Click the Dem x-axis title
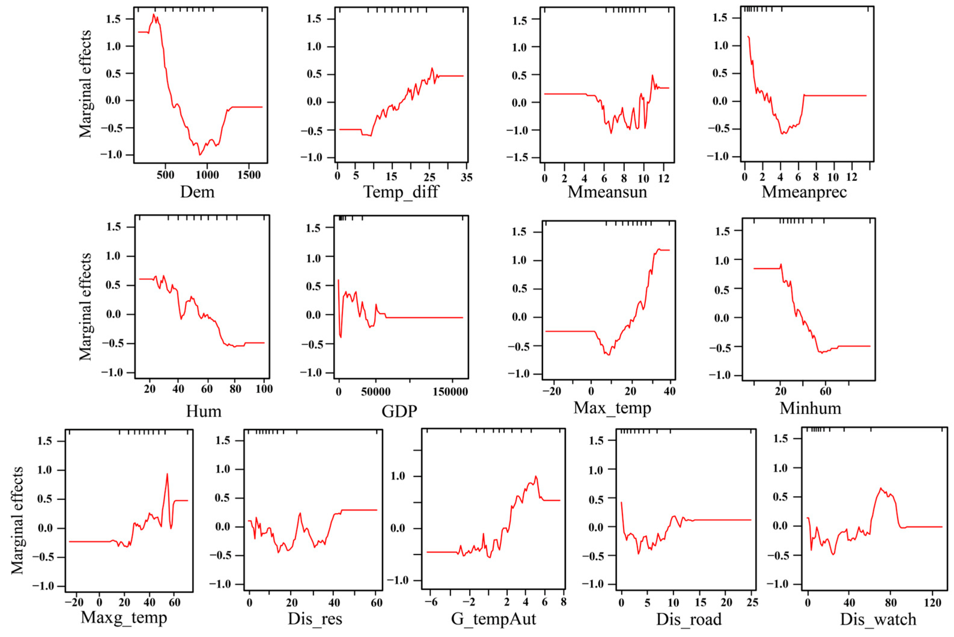[x=197, y=192]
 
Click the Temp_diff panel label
[x=400, y=192]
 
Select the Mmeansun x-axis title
[x=607, y=192]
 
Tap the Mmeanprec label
[x=804, y=192]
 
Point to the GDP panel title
[x=399, y=412]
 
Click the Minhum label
[x=810, y=408]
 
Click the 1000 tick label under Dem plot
[x=207, y=175]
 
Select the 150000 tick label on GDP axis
[x=450, y=392]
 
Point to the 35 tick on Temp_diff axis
[x=466, y=177]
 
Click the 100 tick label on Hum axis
[x=264, y=389]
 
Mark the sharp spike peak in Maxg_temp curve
[x=167, y=474]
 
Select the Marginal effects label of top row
[x=85, y=84]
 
